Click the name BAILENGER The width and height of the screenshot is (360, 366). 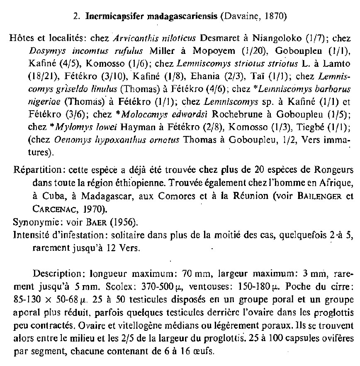pyautogui.click(x=323, y=195)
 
